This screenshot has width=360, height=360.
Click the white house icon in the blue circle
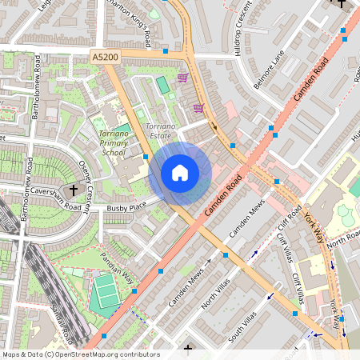(x=180, y=173)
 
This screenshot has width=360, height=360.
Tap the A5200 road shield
(x=104, y=58)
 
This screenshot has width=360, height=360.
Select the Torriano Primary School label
(x=109, y=142)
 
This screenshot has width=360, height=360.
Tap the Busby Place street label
(x=126, y=206)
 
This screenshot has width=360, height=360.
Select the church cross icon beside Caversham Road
(x=74, y=190)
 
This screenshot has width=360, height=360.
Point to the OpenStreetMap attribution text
(x=80, y=354)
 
